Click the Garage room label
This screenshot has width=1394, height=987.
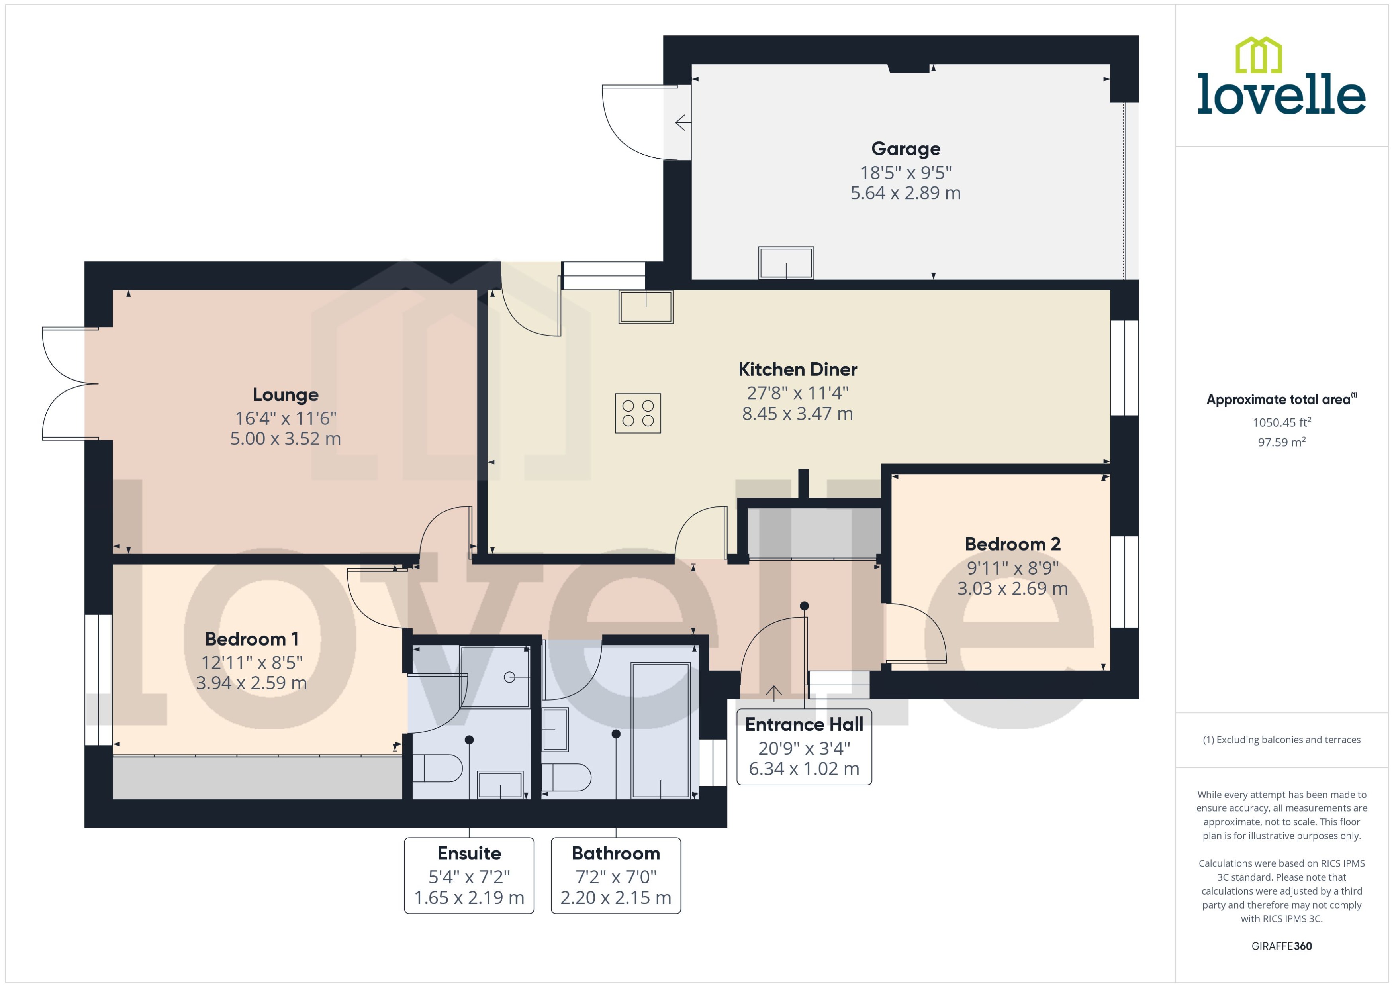(x=906, y=149)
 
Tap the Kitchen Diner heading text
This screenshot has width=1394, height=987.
(x=797, y=369)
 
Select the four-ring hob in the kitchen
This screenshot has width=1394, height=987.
(x=638, y=413)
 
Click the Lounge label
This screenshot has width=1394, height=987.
(x=286, y=395)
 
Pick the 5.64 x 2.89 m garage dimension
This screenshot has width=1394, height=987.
(x=906, y=193)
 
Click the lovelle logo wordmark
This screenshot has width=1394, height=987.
(x=1282, y=94)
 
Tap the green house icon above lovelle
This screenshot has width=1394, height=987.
(x=1259, y=55)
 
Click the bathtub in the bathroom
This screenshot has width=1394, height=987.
(x=660, y=730)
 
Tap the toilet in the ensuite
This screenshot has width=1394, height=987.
(x=437, y=768)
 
